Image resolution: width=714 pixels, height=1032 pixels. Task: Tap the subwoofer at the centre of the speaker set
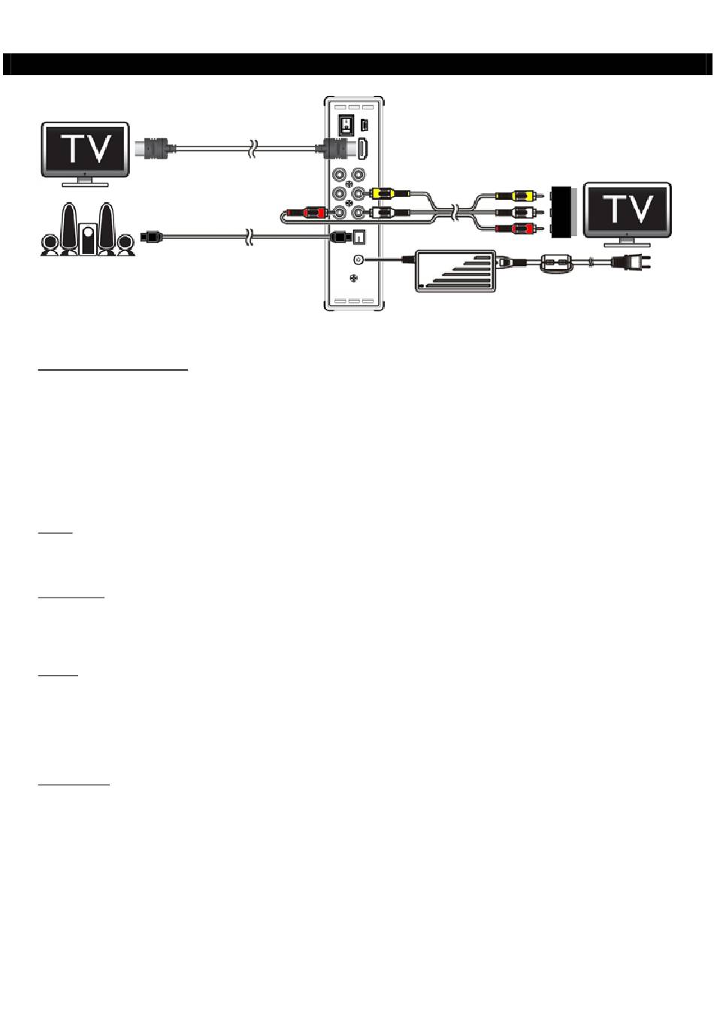(89, 238)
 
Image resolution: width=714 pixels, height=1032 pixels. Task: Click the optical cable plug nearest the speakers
(152, 237)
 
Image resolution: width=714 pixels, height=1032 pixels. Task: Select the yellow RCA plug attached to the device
(386, 193)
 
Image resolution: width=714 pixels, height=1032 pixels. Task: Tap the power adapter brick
(455, 271)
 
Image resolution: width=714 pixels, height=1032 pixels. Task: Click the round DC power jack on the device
(358, 260)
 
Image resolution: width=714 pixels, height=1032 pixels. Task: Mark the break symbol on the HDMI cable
(253, 149)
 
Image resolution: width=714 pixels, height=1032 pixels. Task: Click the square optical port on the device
(359, 237)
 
